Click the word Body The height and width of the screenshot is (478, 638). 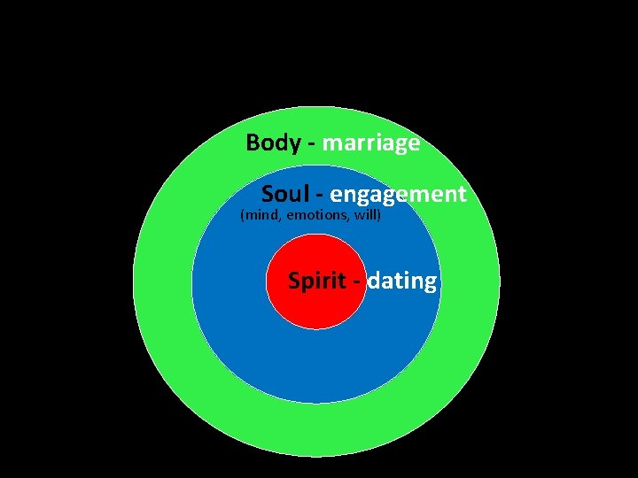(x=273, y=143)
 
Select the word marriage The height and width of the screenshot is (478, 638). (x=371, y=143)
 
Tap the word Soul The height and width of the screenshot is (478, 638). (x=282, y=195)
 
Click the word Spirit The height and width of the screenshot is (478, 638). (x=316, y=281)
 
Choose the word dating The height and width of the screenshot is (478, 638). (x=402, y=282)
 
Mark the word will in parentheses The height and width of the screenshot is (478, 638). (x=365, y=214)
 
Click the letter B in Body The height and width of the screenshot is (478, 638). (x=253, y=143)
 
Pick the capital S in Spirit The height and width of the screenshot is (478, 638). (x=294, y=281)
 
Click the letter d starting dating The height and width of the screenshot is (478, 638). (x=374, y=281)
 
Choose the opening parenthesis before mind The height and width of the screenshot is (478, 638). (x=243, y=214)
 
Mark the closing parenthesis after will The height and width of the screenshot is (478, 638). (x=378, y=214)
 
